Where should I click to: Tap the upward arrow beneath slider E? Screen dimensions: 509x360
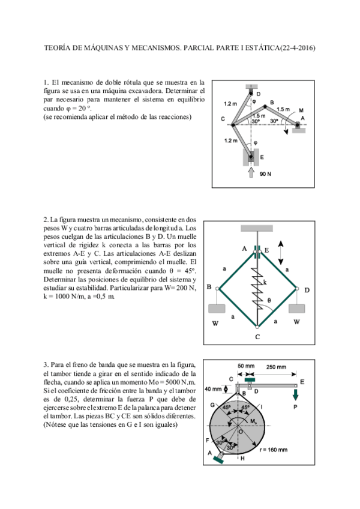click(251, 172)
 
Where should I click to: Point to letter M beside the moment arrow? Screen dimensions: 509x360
click(301, 110)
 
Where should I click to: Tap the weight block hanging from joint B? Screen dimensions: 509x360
click(217, 309)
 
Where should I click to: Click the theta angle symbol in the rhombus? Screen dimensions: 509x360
click(269, 300)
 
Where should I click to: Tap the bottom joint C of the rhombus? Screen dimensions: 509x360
click(257, 328)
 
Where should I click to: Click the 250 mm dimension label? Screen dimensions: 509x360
click(275, 367)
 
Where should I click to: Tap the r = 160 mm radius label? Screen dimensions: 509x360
click(271, 450)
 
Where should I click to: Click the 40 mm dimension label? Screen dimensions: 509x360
click(212, 388)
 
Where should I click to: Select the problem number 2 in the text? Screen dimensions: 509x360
click(46, 220)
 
